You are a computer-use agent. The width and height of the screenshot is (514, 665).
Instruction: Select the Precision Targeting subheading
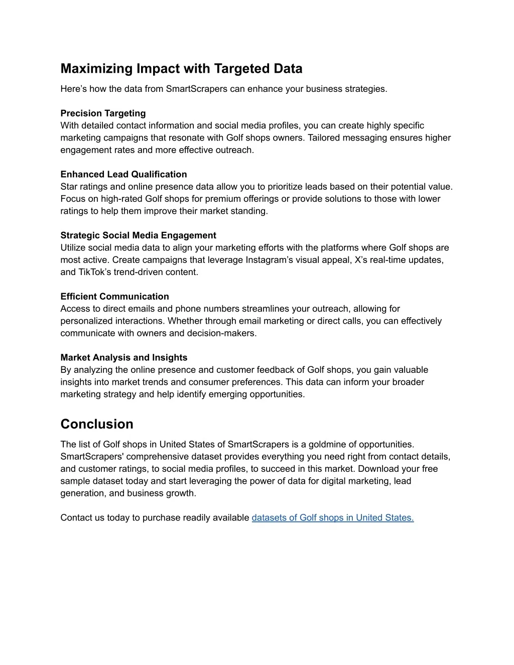103,113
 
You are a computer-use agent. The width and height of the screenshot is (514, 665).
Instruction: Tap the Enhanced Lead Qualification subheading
123,174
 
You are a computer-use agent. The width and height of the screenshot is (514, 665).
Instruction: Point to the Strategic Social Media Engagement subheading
138,235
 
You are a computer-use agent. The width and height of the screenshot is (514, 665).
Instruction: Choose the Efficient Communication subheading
114,297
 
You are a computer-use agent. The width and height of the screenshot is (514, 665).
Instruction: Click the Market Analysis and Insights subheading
123,358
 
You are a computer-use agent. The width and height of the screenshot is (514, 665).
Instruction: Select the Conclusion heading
97,424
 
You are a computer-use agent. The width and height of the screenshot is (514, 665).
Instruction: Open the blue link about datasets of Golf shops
332,518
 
